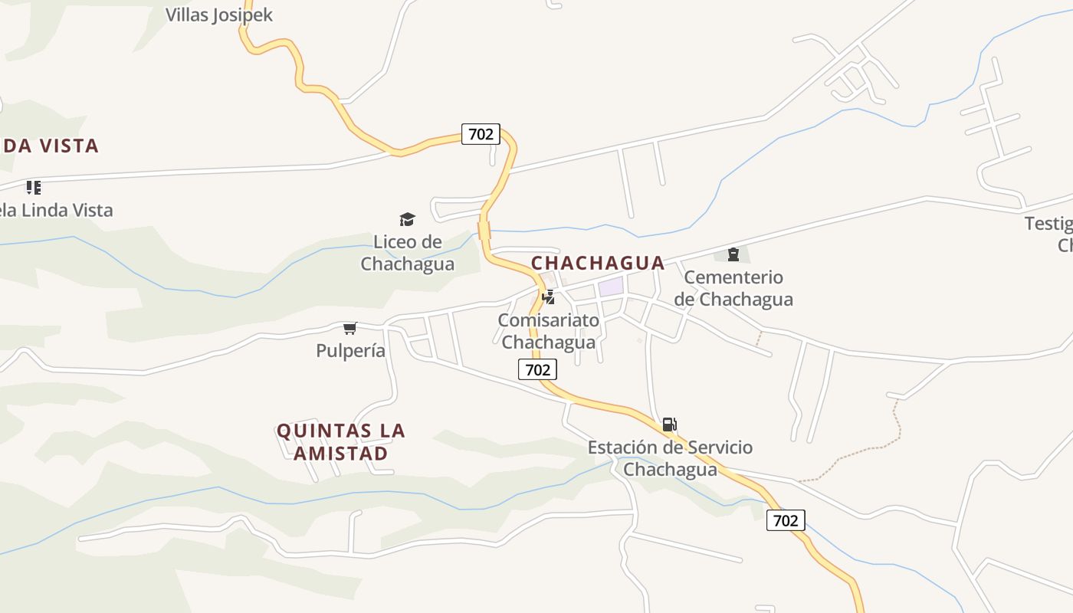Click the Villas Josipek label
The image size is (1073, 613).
point(219,15)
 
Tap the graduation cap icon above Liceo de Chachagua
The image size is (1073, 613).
point(407,220)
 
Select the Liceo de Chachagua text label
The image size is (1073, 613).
point(407,253)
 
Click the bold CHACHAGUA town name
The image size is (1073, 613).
point(598,263)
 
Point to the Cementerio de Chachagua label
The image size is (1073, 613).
point(733,288)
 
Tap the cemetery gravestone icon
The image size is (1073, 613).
point(733,254)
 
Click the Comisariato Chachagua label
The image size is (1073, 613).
point(548,331)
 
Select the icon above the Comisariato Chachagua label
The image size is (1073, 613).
point(548,297)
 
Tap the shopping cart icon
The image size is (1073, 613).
point(350,328)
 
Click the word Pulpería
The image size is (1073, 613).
point(350,351)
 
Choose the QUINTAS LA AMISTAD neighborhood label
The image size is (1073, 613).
point(341,442)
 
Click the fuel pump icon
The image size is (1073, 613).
point(669,424)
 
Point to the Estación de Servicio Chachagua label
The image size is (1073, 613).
point(670,458)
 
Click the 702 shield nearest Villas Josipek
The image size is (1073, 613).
point(481,134)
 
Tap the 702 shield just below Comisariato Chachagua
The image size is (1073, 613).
point(537,369)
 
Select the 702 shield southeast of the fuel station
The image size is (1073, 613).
point(786,520)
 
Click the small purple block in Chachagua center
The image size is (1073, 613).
point(611,287)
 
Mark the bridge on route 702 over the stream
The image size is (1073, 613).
point(484,230)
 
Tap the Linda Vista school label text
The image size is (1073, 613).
point(57,210)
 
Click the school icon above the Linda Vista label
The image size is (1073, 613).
point(33,187)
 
